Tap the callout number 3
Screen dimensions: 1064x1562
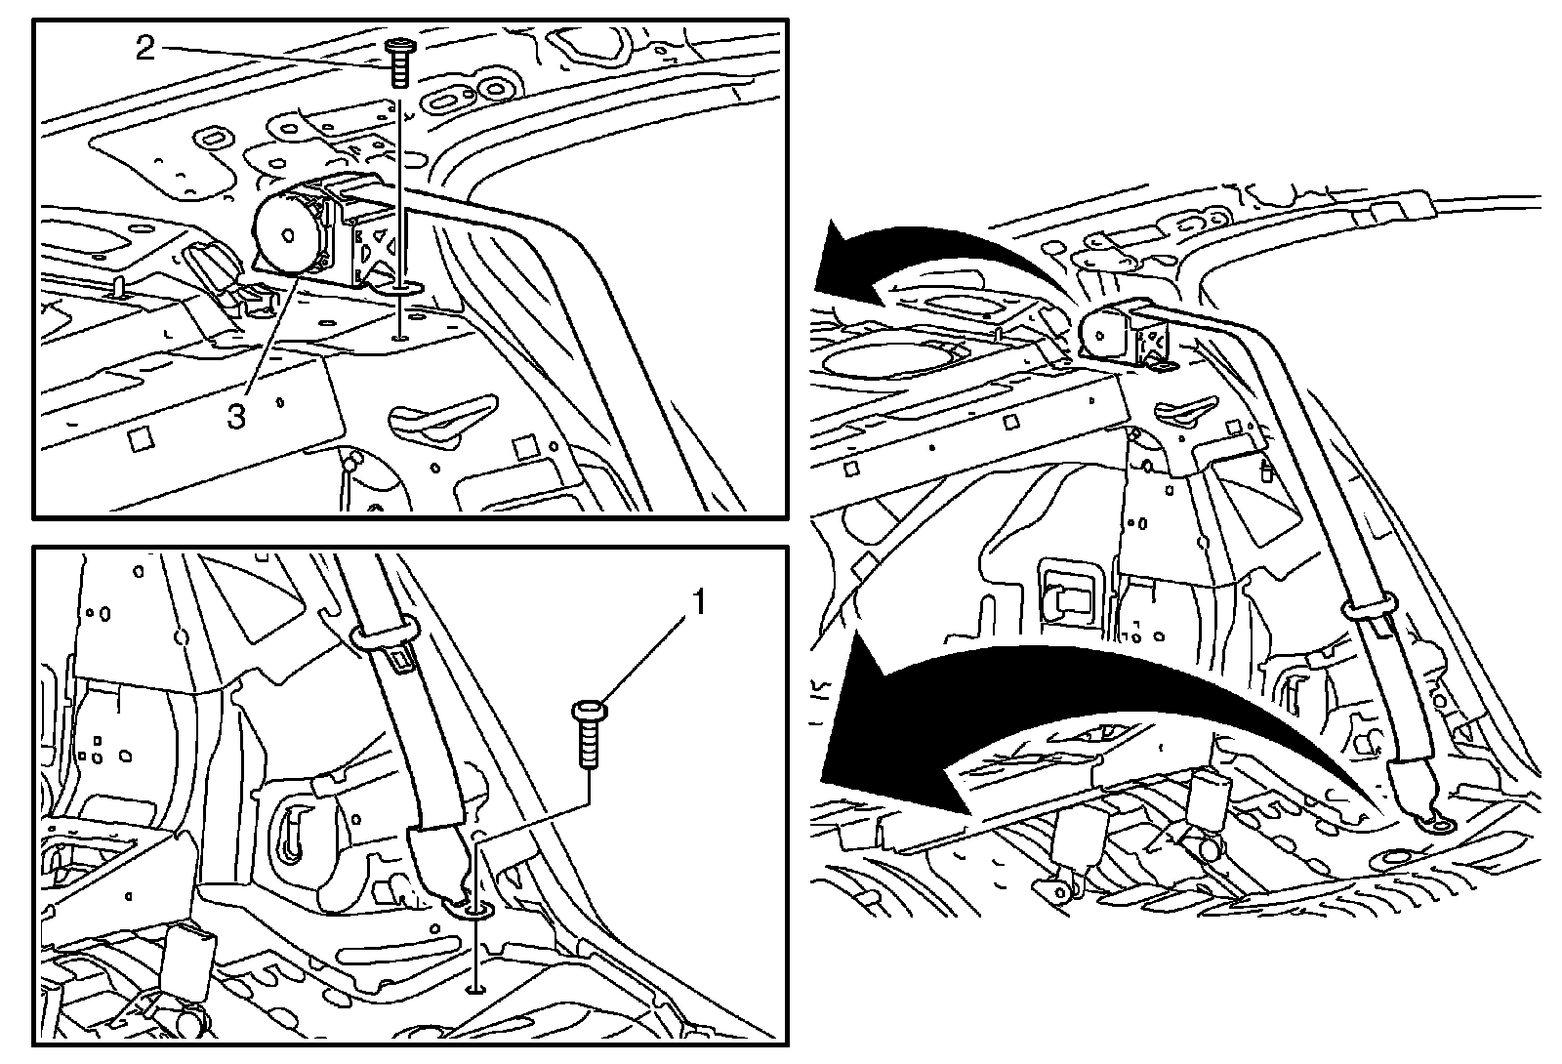(236, 415)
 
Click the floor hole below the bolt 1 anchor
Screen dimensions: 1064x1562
(475, 988)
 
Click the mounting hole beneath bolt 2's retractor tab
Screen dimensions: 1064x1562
(400, 338)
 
